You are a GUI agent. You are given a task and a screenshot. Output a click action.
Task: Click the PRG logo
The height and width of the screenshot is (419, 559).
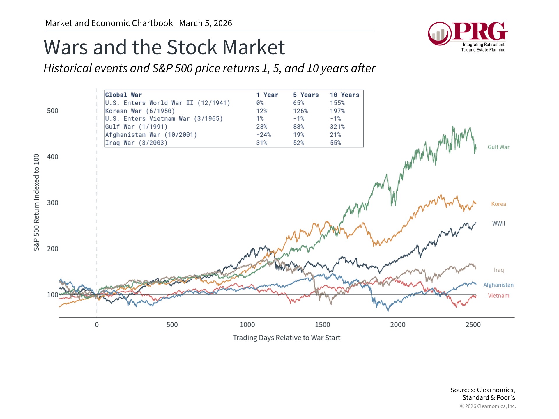tap(468, 36)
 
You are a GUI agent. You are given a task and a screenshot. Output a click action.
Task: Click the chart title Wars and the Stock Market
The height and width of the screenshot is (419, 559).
tap(164, 47)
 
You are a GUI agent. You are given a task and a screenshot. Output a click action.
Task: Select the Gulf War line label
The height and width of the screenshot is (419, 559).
tap(498, 147)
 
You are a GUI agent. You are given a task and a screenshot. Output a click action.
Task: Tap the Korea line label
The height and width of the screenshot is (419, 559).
tap(498, 204)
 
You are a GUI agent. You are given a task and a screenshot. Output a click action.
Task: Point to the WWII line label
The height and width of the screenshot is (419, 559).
tap(498, 223)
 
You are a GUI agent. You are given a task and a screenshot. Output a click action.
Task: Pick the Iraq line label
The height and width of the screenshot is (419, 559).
tap(498, 270)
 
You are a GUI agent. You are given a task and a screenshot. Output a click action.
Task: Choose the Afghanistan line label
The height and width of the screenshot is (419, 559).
tap(498, 285)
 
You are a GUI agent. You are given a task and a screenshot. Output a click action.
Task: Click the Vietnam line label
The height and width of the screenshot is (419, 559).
tap(498, 296)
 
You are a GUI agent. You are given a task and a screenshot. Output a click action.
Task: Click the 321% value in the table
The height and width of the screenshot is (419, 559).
tap(337, 127)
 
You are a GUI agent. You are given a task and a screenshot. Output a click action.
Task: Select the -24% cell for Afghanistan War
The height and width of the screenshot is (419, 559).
tap(263, 135)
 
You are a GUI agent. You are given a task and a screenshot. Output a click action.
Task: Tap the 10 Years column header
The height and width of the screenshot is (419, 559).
tap(344, 95)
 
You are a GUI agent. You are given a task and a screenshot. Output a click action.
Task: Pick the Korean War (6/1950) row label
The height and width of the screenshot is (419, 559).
tap(140, 111)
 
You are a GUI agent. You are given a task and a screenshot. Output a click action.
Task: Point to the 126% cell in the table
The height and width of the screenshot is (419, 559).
tap(300, 111)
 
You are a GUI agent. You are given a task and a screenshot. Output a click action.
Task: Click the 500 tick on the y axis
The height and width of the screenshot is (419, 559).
tap(53, 111)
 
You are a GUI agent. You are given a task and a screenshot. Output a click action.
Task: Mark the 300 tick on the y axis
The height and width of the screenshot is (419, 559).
tap(53, 203)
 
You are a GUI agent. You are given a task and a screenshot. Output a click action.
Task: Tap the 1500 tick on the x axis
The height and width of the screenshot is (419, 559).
tap(322, 325)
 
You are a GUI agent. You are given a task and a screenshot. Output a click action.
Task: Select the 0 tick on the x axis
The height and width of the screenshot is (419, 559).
tap(97, 325)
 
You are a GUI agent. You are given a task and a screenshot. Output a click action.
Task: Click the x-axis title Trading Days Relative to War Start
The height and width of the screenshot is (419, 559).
tap(286, 338)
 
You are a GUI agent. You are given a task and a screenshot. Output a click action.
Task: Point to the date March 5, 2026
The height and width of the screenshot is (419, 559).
tap(206, 23)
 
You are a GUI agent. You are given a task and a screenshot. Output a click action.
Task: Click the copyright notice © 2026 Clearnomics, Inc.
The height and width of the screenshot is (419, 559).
tap(488, 406)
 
